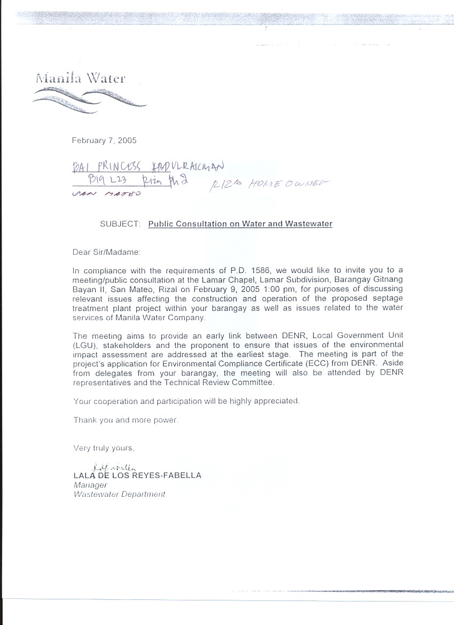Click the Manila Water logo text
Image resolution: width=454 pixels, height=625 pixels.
point(80,78)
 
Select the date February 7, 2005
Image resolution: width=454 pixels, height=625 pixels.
point(104,140)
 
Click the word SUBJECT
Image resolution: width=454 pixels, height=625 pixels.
point(120,224)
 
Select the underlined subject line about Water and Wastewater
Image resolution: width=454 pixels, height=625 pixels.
point(240,224)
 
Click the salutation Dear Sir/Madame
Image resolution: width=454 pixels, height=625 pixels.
point(106,252)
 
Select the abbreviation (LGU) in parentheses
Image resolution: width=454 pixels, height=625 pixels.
point(83,345)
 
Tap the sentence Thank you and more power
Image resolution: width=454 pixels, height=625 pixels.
point(126,420)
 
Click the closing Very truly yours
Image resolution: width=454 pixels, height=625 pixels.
point(104,448)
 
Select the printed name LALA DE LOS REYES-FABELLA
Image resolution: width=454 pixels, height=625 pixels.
point(137,475)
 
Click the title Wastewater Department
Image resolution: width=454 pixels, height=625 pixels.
point(119,495)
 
